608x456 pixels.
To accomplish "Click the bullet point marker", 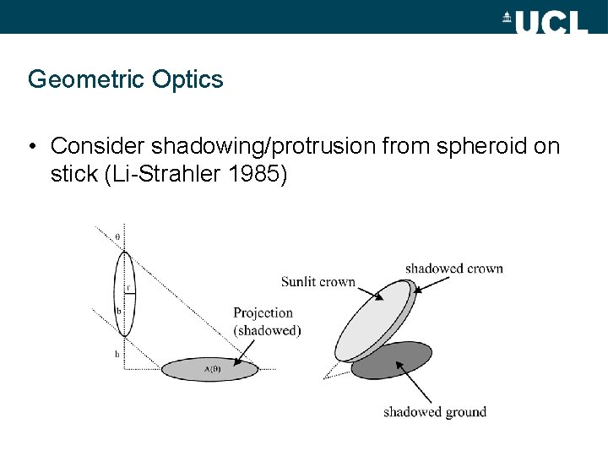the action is [32, 147].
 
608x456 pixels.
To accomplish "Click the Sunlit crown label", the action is [318, 282].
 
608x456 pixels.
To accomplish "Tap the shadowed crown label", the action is [453, 269].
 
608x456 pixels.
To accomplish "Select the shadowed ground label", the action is [435, 412].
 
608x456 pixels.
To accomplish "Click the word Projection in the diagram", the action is [263, 313].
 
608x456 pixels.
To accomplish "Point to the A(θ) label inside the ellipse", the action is [213, 369].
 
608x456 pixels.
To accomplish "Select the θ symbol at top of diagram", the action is [117, 236].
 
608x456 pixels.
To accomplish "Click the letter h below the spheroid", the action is [117, 354].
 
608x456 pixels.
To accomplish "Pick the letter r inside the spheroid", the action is [128, 287].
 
